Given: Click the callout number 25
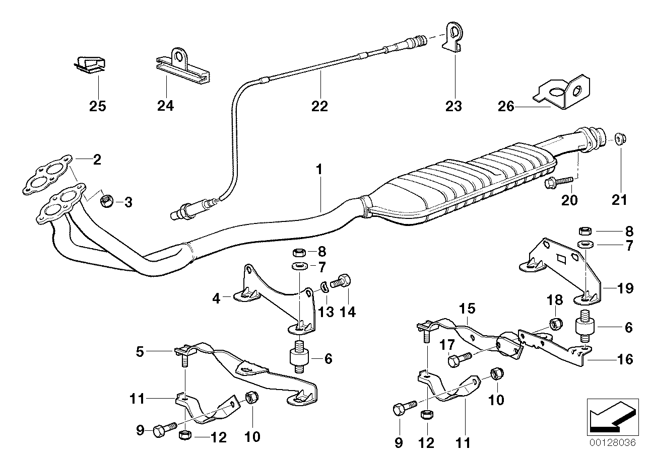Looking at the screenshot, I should pos(98,106).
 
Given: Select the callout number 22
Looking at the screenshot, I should pos(319,106).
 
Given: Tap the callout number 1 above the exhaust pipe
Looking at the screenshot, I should pos(319,170).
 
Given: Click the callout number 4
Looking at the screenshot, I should pos(216,298).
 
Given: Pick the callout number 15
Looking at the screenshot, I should pos(467,307).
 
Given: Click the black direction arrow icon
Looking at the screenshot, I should pos(610,416).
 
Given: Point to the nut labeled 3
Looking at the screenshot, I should pos(106,202).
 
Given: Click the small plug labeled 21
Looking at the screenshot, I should pos(619,137).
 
